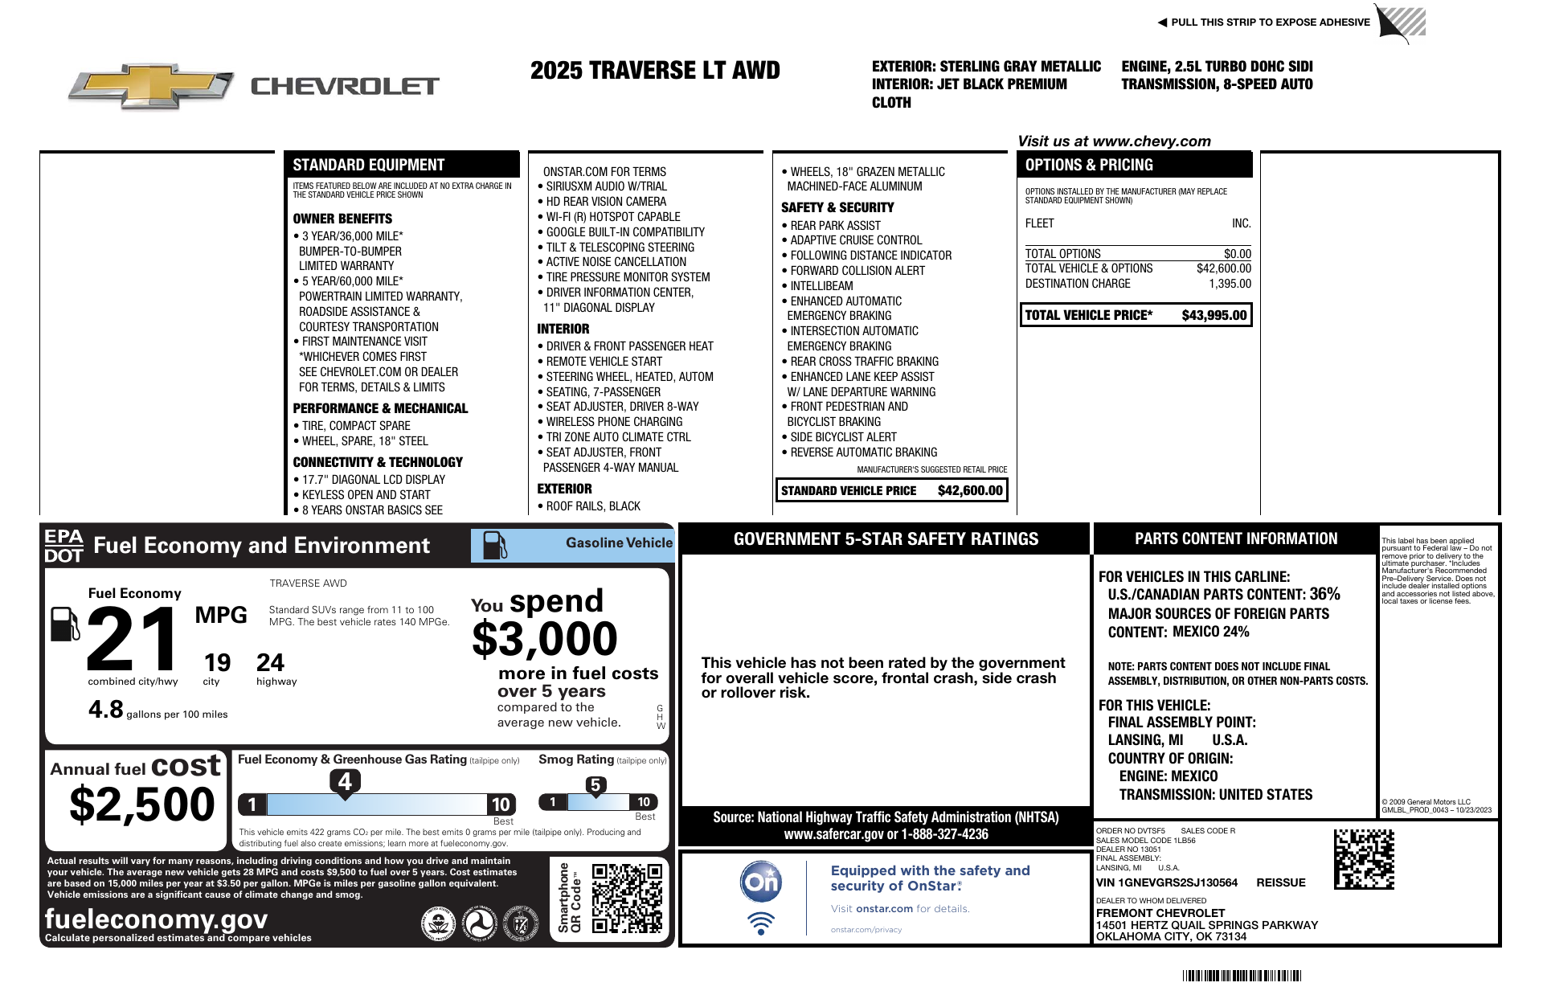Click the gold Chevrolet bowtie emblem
click(151, 86)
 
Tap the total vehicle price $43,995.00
click(1214, 316)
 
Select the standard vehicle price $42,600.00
click(970, 491)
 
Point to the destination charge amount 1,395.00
click(1230, 284)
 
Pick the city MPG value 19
click(217, 663)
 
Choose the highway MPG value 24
click(270, 663)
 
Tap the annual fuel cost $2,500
click(142, 805)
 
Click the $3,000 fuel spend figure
click(544, 640)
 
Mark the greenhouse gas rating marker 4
click(345, 781)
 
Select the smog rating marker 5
click(595, 785)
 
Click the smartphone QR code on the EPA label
click(627, 898)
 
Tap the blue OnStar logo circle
click(760, 882)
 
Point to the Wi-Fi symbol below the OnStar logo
click(760, 923)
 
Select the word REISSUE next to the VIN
click(1280, 882)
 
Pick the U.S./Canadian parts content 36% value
click(1324, 594)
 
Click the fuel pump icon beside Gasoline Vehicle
click(494, 545)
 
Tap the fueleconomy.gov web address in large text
click(156, 919)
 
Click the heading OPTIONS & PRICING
click(1089, 165)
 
